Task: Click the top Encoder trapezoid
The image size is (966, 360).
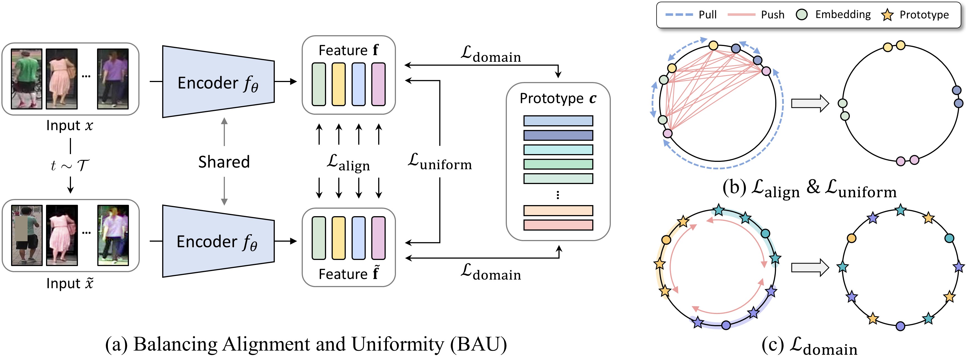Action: pos(218,81)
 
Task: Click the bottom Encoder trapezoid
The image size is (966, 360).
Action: pos(218,241)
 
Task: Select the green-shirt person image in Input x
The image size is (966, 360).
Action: pos(26,79)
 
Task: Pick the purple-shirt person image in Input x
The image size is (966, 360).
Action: pos(113,79)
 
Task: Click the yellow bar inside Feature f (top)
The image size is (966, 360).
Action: pos(339,84)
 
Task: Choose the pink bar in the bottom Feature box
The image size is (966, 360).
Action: pos(378,238)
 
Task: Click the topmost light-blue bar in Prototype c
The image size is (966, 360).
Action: pos(558,121)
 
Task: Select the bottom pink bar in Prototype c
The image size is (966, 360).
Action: pos(558,225)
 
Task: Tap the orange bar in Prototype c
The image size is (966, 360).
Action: pos(558,210)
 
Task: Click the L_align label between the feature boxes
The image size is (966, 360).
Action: pos(348,163)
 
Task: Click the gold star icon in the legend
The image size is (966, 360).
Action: pos(887,15)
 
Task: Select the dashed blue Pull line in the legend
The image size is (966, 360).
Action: pos(679,15)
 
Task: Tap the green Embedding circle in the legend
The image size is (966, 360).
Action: pos(802,15)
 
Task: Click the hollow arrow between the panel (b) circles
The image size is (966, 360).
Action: pos(810,103)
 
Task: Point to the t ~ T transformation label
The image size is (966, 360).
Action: pos(70,165)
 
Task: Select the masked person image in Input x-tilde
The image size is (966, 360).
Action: pos(27,235)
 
